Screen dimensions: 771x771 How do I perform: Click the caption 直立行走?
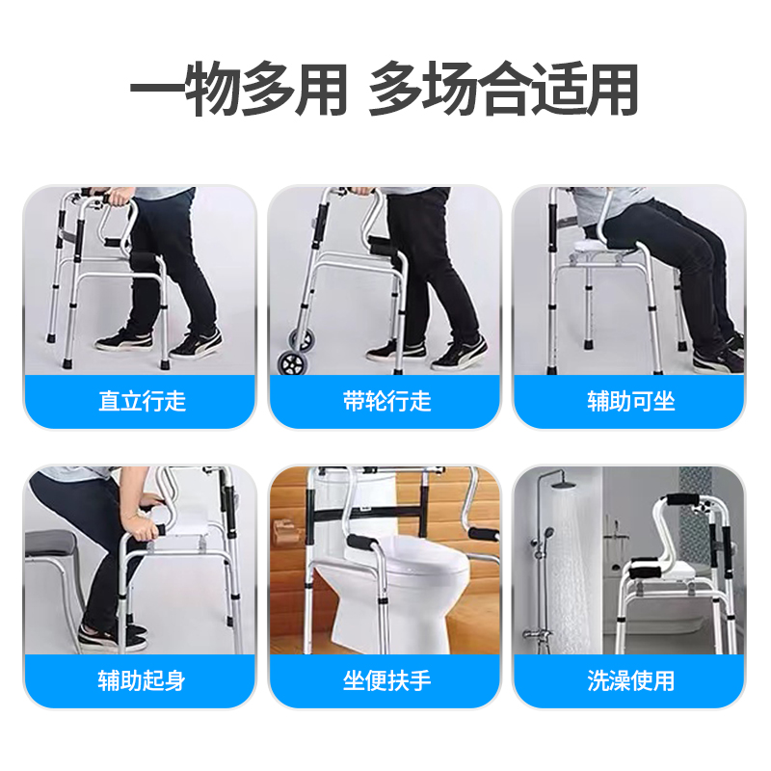pos(142,401)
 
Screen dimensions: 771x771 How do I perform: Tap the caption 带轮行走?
pos(387,401)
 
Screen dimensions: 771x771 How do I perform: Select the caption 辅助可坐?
pos(631,401)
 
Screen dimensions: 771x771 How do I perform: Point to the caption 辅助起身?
pos(142,681)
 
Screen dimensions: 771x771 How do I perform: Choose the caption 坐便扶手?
pos(387,681)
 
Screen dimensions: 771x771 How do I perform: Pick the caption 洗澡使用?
pos(631,681)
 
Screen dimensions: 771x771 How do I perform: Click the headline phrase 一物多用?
pos(238,89)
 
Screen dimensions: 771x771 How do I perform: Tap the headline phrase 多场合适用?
pos(504,89)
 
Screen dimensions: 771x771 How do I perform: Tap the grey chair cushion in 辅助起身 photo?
pos(50,544)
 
